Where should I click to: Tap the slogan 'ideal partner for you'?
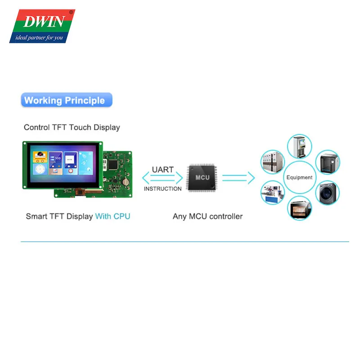pos(40,37)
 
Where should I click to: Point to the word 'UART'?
pos(162,170)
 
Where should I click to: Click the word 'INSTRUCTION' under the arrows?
pos(162,189)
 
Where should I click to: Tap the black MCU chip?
pos(202,178)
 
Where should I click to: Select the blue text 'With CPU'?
pos(112,216)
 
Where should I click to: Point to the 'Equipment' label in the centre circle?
pos(299,177)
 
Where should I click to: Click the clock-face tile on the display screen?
pos(40,171)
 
